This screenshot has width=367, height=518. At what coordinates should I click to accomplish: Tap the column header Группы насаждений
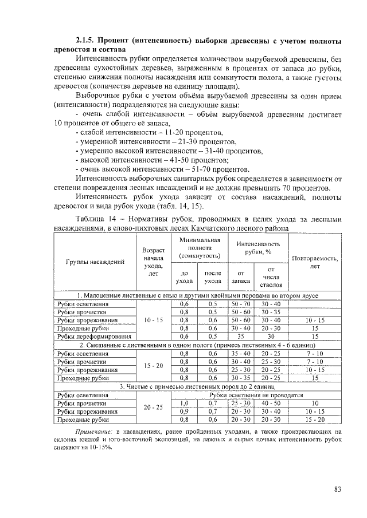(x=95, y=262)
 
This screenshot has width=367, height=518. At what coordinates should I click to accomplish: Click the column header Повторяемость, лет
(x=315, y=262)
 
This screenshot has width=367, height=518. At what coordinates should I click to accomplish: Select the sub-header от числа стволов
(x=271, y=276)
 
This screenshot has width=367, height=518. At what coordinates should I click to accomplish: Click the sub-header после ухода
(x=213, y=276)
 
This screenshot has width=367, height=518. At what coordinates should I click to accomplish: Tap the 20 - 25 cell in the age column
(x=154, y=407)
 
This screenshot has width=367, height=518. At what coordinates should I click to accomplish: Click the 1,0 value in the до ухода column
(x=184, y=403)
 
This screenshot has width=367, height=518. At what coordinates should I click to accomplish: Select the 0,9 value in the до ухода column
(x=184, y=411)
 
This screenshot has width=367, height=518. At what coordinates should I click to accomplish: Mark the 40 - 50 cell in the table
(x=271, y=403)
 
